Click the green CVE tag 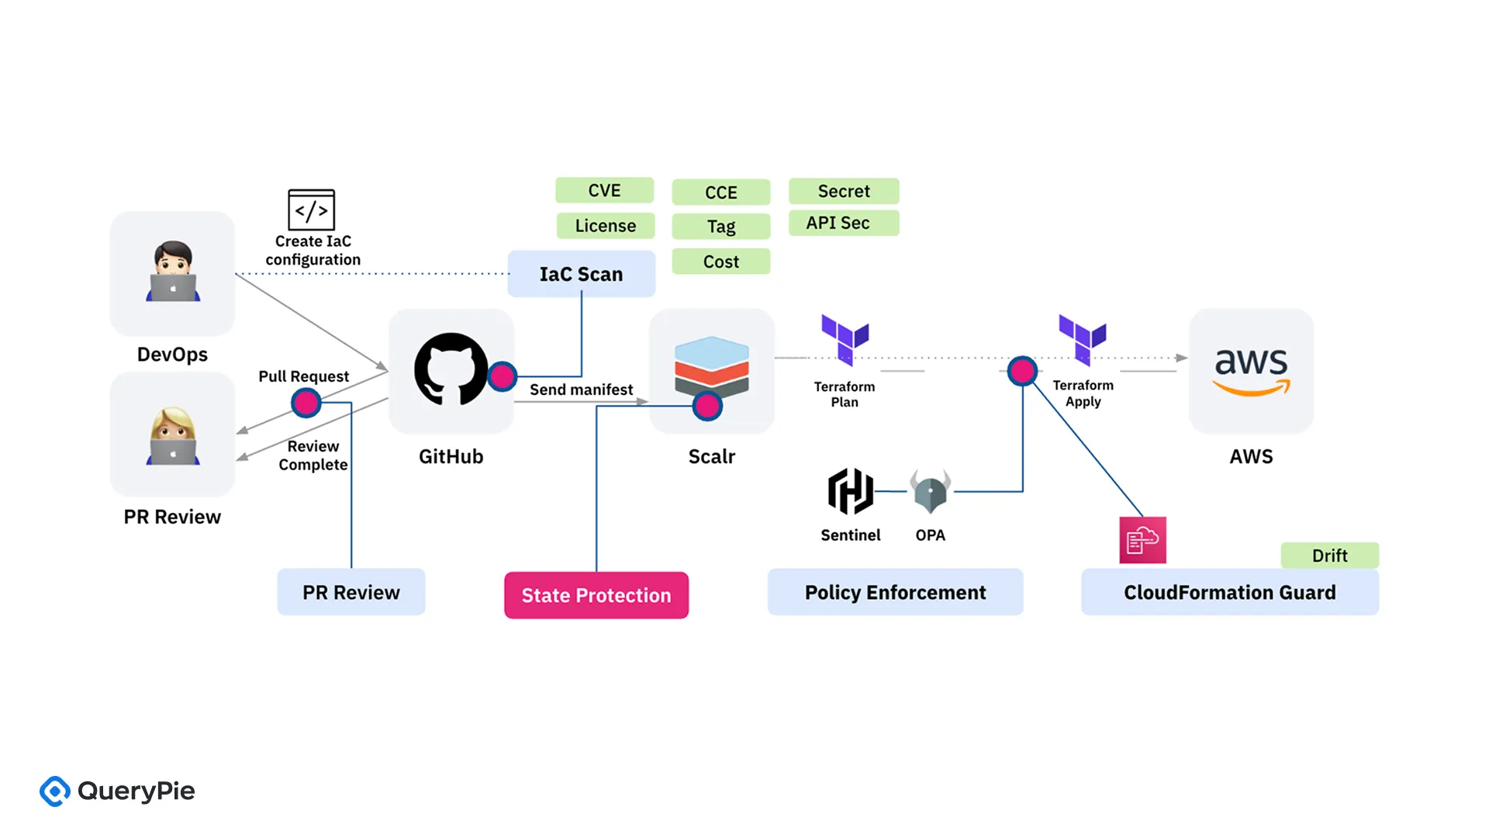(604, 191)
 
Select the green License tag (605, 226)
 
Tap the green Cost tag (720, 261)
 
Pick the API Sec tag (843, 223)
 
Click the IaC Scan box (581, 274)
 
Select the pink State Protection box (596, 595)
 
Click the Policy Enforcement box (895, 592)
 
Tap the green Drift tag (1329, 556)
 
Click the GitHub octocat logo (451, 369)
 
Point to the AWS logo (1251, 371)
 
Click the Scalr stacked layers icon (711, 366)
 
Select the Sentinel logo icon (850, 491)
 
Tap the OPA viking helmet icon (930, 491)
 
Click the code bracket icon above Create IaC (311, 209)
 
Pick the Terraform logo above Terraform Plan (845, 339)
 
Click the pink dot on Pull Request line (306, 403)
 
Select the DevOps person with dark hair (173, 272)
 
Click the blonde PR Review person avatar (173, 436)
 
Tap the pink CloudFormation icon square (1142, 540)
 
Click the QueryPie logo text (136, 791)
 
